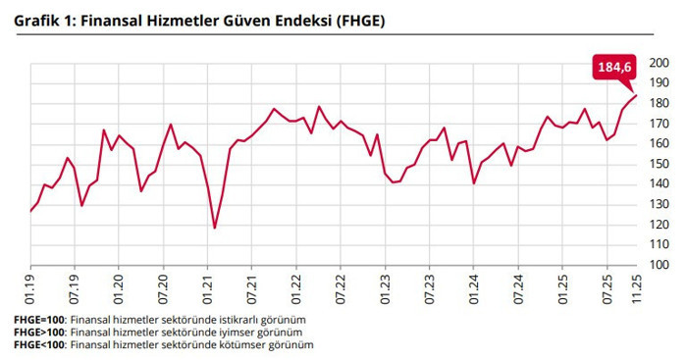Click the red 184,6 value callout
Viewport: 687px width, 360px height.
pyautogui.click(x=615, y=67)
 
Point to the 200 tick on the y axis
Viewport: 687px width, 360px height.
pyautogui.click(x=660, y=64)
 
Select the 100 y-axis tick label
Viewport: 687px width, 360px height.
pyautogui.click(x=660, y=265)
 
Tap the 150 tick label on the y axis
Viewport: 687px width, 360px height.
pyautogui.click(x=660, y=165)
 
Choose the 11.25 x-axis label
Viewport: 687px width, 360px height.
pyautogui.click(x=638, y=285)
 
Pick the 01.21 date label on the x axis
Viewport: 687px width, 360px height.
pyautogui.click(x=207, y=285)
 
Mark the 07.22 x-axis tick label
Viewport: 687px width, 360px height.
pyautogui.click(x=340, y=285)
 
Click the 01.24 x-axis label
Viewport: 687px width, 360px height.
pyautogui.click(x=473, y=285)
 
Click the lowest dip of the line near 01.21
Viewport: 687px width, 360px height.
pyautogui.click(x=214, y=228)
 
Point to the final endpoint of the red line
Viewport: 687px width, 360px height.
pyautogui.click(x=637, y=95)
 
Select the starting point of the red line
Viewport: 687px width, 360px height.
pyautogui.click(x=30, y=211)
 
